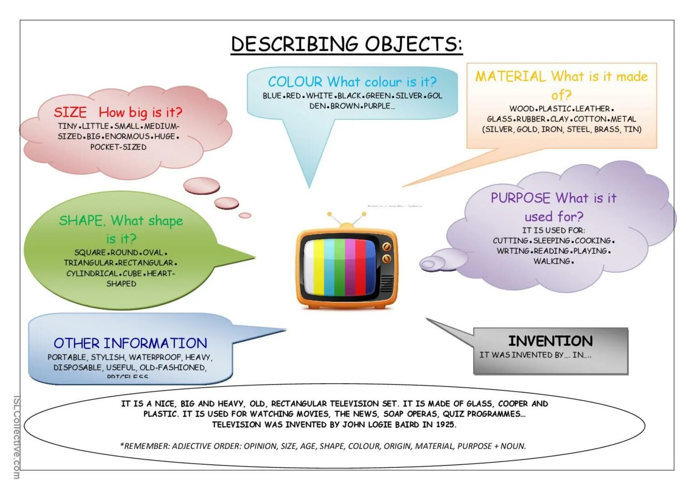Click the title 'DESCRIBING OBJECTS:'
click(347, 44)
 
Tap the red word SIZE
click(70, 112)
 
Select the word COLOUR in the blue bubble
click(295, 82)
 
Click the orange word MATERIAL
click(510, 76)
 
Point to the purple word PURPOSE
click(520, 198)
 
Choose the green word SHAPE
click(82, 221)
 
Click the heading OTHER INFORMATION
click(130, 343)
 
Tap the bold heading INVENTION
click(550, 341)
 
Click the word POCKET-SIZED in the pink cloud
click(118, 147)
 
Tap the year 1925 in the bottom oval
click(445, 425)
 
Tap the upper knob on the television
click(386, 247)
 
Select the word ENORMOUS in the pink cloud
click(127, 137)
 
